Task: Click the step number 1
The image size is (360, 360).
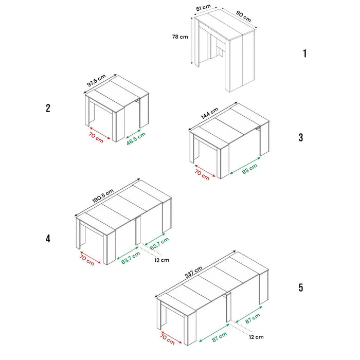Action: (x=304, y=53)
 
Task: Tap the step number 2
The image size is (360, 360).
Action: (x=48, y=108)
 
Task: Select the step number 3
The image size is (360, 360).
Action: (x=301, y=137)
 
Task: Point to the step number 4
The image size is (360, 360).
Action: (x=48, y=239)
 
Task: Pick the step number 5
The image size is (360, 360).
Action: (x=301, y=287)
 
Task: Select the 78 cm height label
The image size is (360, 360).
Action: (x=181, y=37)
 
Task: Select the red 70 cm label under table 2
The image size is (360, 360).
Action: (x=95, y=138)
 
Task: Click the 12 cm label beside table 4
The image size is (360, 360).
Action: (x=161, y=260)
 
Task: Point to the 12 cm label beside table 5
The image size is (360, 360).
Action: (x=256, y=337)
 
